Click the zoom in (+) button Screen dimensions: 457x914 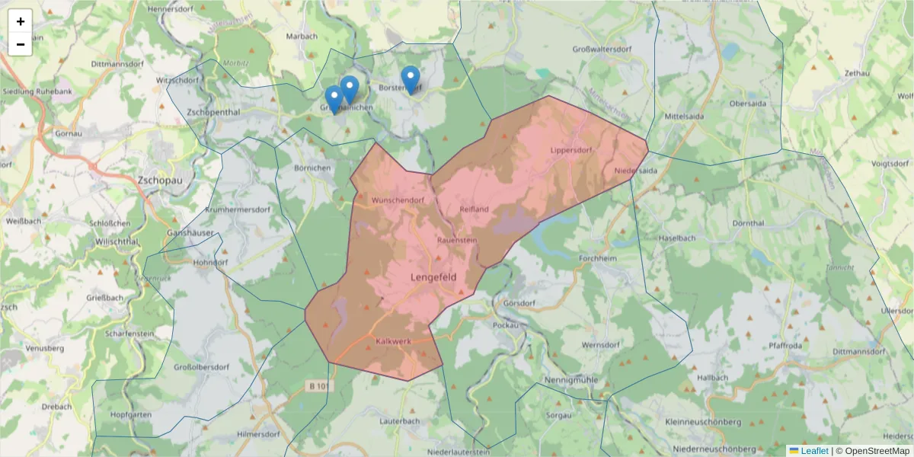(20, 21)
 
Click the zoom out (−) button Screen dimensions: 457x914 (20, 44)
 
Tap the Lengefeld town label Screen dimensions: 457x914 (433, 277)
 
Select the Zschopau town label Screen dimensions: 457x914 (158, 181)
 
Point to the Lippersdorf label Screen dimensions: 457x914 (570, 150)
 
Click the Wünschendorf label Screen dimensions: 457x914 (397, 200)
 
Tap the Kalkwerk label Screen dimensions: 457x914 (393, 341)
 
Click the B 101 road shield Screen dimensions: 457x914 (321, 386)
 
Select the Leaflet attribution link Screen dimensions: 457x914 (814, 451)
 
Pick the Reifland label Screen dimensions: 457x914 (474, 209)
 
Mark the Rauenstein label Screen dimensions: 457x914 (457, 240)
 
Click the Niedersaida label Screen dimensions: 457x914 (634, 171)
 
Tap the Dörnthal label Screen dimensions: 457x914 (747, 224)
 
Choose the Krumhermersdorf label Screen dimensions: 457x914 (238, 209)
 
